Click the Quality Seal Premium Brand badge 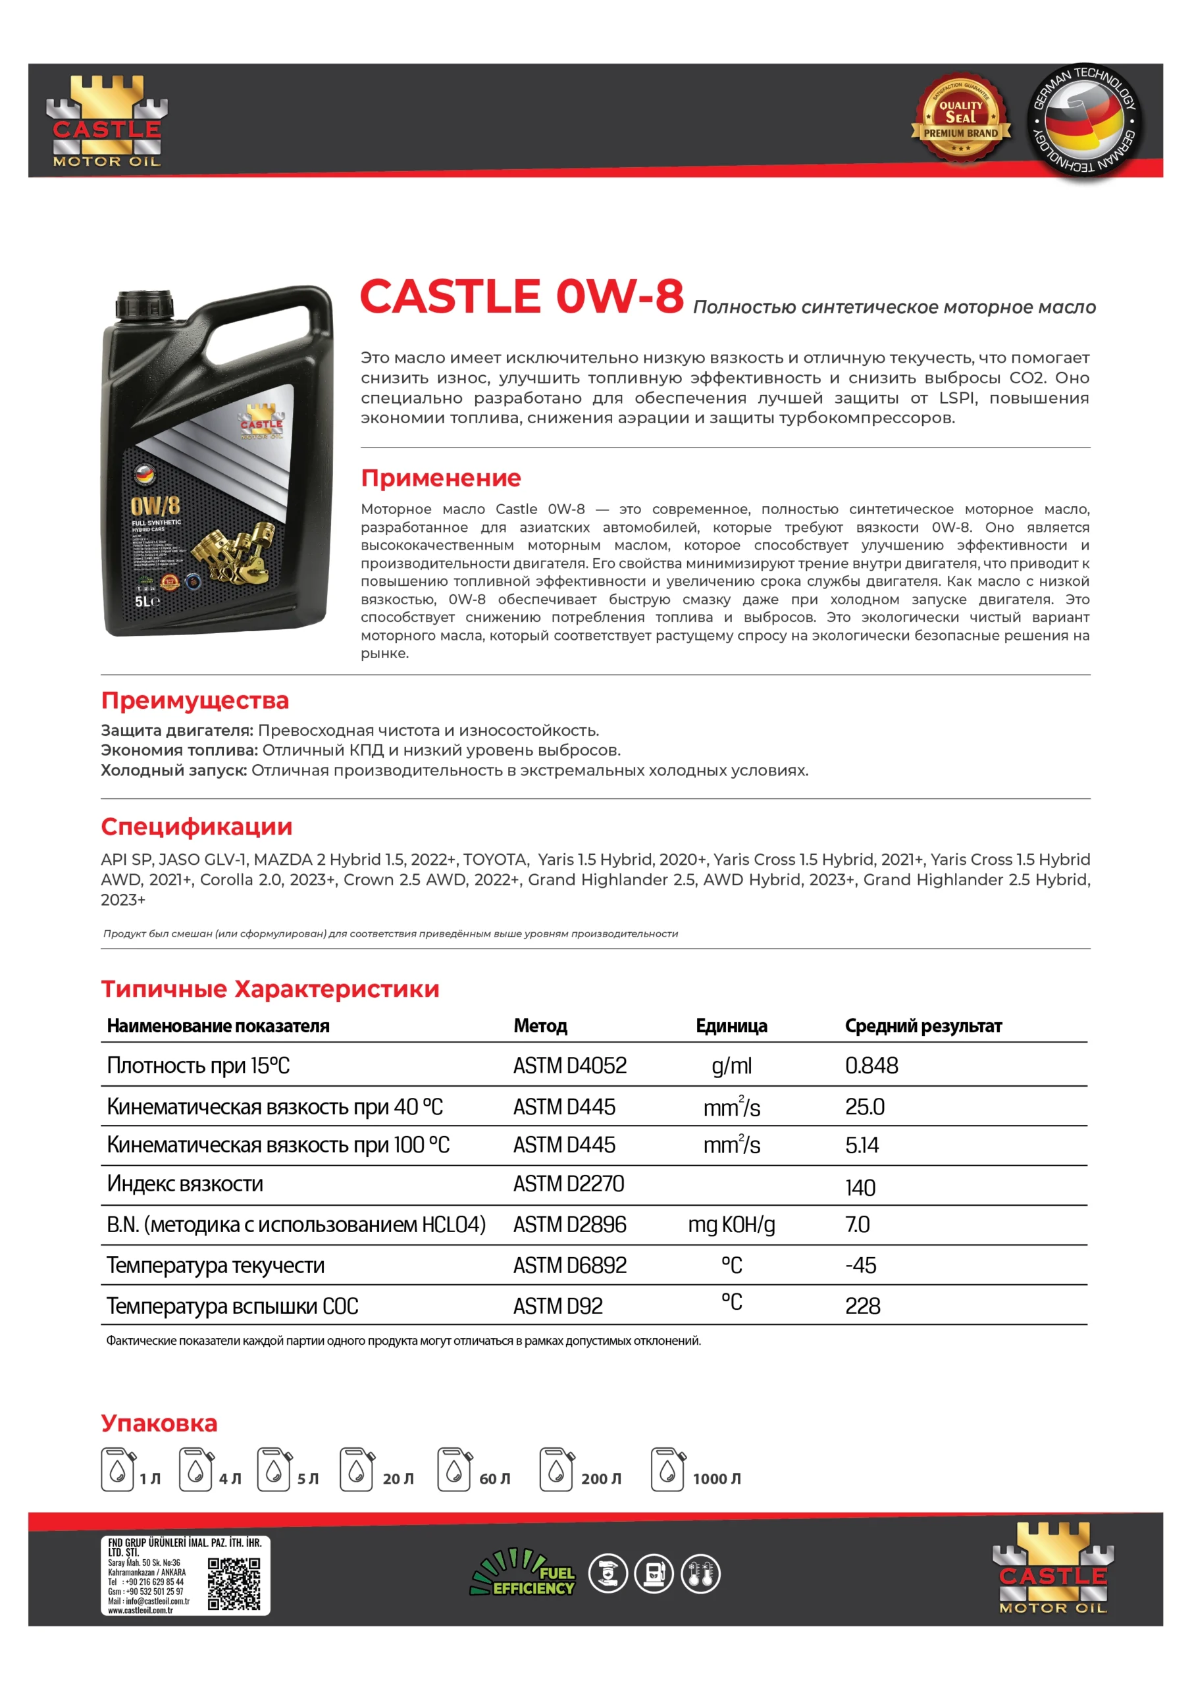click(960, 119)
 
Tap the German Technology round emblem click(1083, 120)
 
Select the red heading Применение click(440, 478)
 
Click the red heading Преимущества click(195, 700)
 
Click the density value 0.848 click(871, 1065)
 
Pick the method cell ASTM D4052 click(569, 1065)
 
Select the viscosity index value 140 click(860, 1187)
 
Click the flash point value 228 click(862, 1306)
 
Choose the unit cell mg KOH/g click(731, 1224)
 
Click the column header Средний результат click(923, 1025)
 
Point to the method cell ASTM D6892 click(569, 1265)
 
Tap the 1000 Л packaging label click(716, 1479)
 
